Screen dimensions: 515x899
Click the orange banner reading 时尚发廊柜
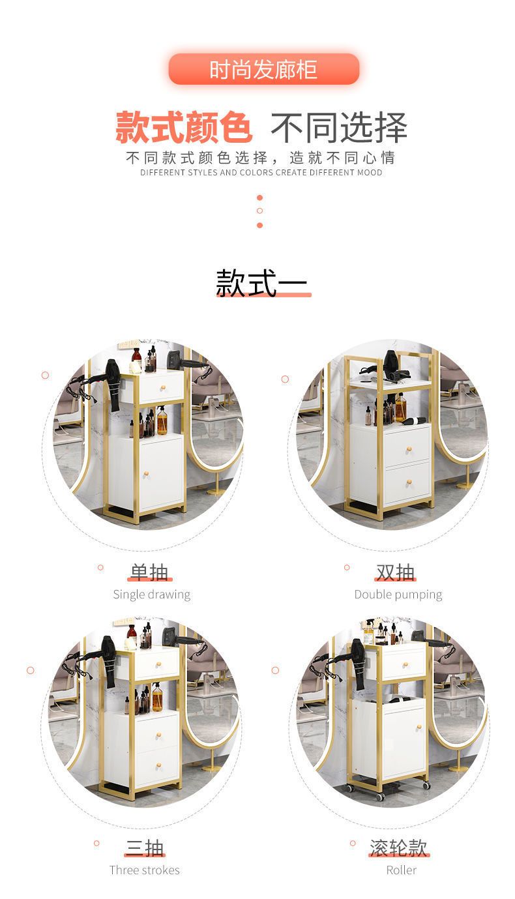[264, 69]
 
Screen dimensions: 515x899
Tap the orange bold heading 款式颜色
[184, 127]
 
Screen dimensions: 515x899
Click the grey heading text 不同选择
[339, 127]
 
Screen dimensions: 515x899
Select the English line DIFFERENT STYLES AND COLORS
[207, 173]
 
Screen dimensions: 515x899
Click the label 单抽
[149, 572]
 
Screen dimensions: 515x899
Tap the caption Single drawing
[152, 595]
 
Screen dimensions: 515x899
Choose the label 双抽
[396, 572]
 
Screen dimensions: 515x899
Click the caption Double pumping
[398, 595]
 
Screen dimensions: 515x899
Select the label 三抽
[145, 847]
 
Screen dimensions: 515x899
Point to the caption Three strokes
[145, 870]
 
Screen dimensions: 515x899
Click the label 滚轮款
[398, 847]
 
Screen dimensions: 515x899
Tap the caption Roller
[401, 870]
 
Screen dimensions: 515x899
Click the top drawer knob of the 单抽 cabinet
[164, 387]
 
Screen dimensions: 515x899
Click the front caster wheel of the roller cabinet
[379, 797]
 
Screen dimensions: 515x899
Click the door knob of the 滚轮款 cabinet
[419, 728]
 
